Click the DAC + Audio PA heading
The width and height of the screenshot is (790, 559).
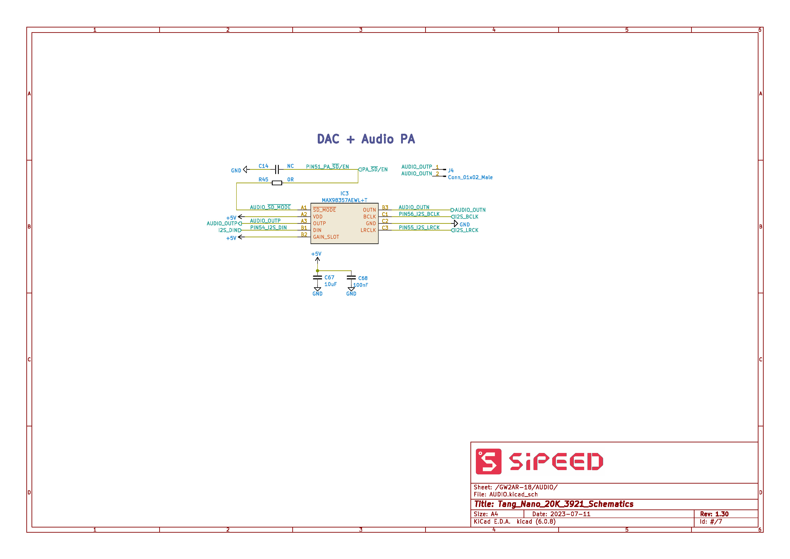point(366,139)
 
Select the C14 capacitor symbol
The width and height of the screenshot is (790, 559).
point(277,169)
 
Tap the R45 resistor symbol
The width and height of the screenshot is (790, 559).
point(277,183)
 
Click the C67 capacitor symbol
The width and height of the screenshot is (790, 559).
point(317,277)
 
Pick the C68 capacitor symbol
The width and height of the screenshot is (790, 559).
point(351,277)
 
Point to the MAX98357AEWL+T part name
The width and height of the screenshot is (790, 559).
point(345,200)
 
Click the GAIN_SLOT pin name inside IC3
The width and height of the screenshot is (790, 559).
point(326,237)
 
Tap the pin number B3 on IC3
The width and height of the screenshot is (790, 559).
point(385,207)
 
